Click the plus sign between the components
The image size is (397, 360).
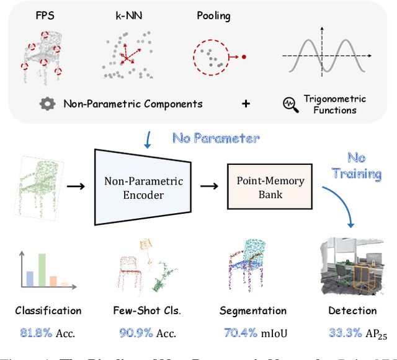click(x=246, y=103)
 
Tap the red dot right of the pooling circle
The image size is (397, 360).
click(x=244, y=57)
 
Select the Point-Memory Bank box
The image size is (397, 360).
click(x=270, y=188)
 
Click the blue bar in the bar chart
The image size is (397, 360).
click(x=29, y=277)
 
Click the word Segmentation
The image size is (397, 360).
click(x=253, y=311)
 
